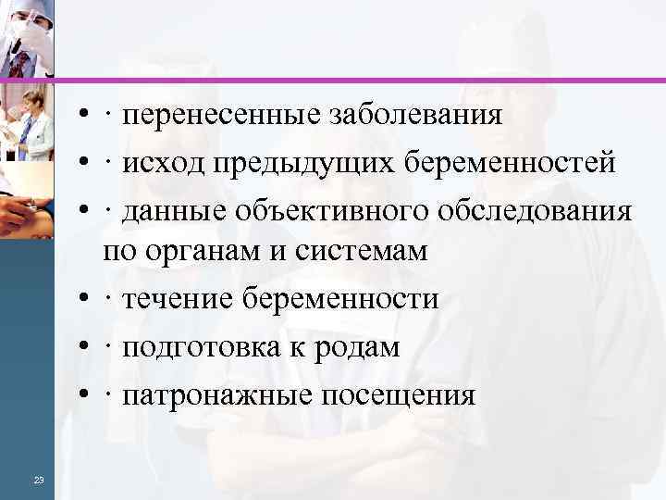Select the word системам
[356, 251]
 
